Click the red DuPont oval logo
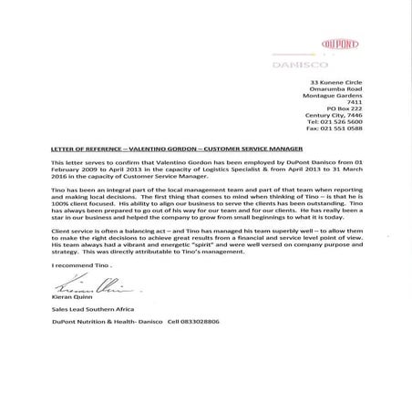pos(342,44)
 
